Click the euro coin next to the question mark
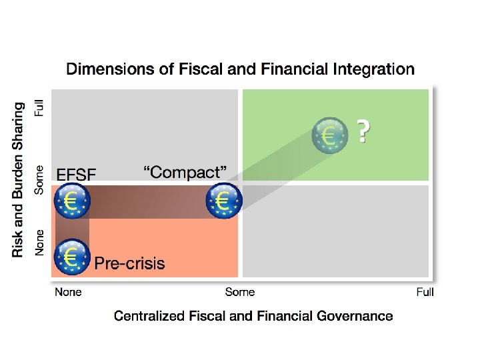331,135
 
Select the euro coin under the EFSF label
72,201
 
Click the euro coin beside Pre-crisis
72,256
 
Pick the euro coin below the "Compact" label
224,200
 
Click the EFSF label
77,175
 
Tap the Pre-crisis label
129,263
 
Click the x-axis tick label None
68,292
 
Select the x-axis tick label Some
240,292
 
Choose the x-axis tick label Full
425,292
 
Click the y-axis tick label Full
41,109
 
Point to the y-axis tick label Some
41,179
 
